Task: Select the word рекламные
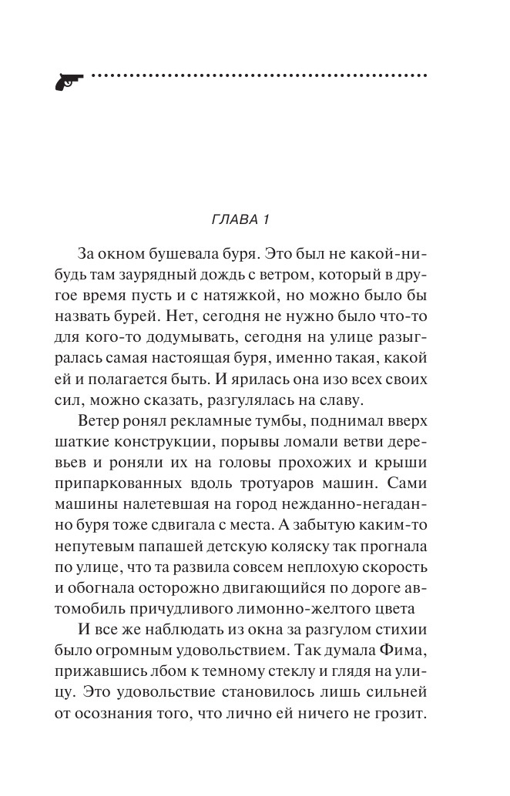(x=212, y=423)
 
